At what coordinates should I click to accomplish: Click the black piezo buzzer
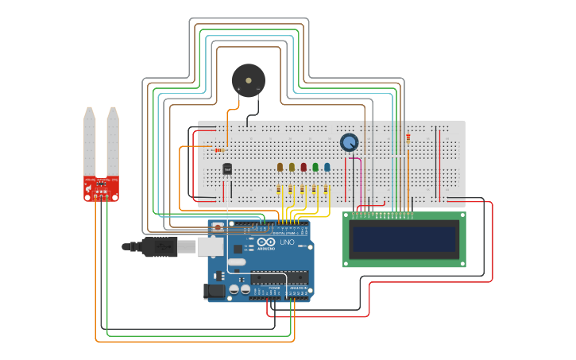(x=248, y=80)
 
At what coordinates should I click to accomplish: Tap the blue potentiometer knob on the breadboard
(x=349, y=142)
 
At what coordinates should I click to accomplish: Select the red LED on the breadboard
(x=303, y=167)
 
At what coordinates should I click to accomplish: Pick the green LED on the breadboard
(x=315, y=167)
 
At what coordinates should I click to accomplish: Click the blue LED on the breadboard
(x=327, y=167)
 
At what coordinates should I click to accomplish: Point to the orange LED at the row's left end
(x=280, y=167)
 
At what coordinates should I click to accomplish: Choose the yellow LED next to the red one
(x=292, y=167)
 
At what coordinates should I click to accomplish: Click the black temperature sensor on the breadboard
(x=227, y=168)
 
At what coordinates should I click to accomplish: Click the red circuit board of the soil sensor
(x=102, y=188)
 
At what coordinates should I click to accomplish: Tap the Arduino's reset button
(x=217, y=227)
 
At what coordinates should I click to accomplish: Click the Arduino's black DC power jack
(x=214, y=292)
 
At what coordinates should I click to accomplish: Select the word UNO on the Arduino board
(x=287, y=242)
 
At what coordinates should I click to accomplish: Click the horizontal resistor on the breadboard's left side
(x=219, y=150)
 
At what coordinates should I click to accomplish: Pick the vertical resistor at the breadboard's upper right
(x=408, y=137)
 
